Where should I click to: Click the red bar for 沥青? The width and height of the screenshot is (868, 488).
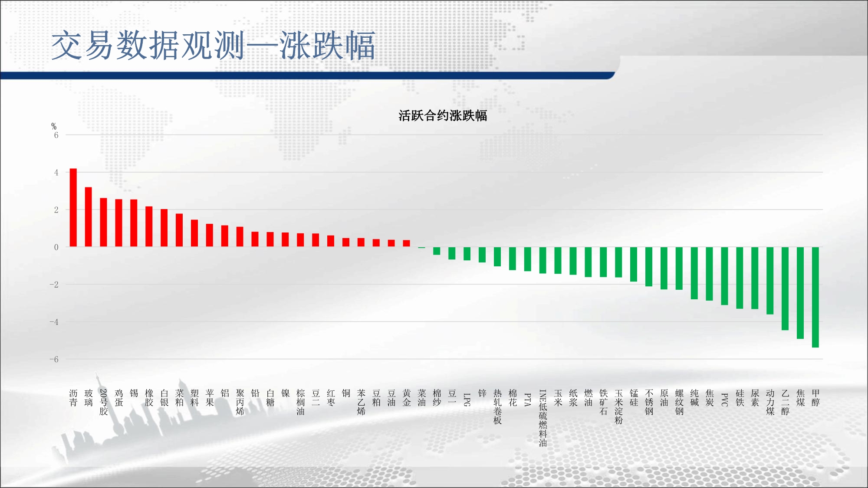tap(73, 207)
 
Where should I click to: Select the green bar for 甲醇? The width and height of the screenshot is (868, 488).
tap(815, 297)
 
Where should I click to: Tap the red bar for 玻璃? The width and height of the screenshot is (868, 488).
tap(89, 217)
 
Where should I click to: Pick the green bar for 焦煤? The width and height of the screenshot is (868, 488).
tap(800, 293)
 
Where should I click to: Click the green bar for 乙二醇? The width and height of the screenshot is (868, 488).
tap(785, 288)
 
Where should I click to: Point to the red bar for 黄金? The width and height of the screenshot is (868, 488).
tap(407, 243)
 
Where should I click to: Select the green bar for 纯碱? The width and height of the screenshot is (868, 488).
tap(694, 273)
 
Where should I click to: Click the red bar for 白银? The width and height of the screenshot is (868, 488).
tap(164, 228)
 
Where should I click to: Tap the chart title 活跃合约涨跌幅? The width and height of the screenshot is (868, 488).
tap(443, 116)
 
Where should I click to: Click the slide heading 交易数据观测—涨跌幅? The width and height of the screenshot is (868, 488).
tap(213, 46)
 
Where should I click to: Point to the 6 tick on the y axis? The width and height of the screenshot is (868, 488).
tap(56, 135)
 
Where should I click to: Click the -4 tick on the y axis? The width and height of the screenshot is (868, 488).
tap(54, 322)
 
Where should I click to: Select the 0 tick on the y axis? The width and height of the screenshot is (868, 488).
tap(56, 247)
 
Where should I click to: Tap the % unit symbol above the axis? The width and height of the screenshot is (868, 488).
tap(54, 126)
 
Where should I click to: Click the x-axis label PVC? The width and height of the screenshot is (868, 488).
tap(724, 400)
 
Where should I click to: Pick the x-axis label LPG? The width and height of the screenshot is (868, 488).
tap(467, 400)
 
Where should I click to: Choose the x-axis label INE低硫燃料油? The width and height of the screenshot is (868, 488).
tap(543, 418)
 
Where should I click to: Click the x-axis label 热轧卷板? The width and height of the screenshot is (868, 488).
tap(497, 406)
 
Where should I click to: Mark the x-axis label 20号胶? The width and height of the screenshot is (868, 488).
tap(104, 402)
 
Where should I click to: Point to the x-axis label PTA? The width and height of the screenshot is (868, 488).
tap(528, 400)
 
